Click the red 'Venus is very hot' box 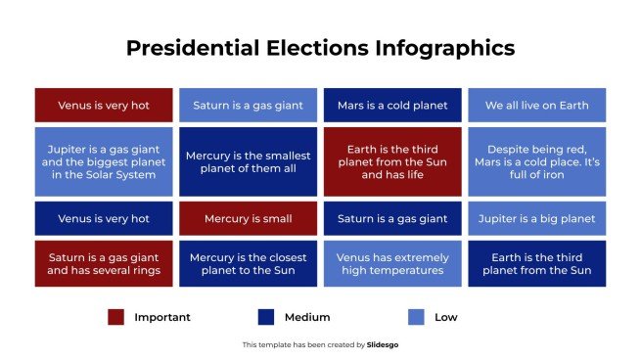coord(104,105)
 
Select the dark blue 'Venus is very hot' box coord(104,218)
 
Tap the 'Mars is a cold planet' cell coord(391,105)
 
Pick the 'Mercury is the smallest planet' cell coord(248,161)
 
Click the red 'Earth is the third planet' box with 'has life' coord(391,161)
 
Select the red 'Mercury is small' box coord(248,218)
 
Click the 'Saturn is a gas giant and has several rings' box coord(104,263)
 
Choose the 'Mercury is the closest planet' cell coord(248,263)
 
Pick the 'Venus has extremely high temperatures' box coord(391,263)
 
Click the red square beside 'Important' coord(115,317)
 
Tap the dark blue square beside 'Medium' coord(265,317)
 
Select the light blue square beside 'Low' coord(416,317)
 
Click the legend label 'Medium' coord(307,317)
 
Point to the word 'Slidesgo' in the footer coord(383,344)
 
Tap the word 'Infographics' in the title coord(440,48)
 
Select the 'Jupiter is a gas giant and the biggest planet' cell coord(104,161)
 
